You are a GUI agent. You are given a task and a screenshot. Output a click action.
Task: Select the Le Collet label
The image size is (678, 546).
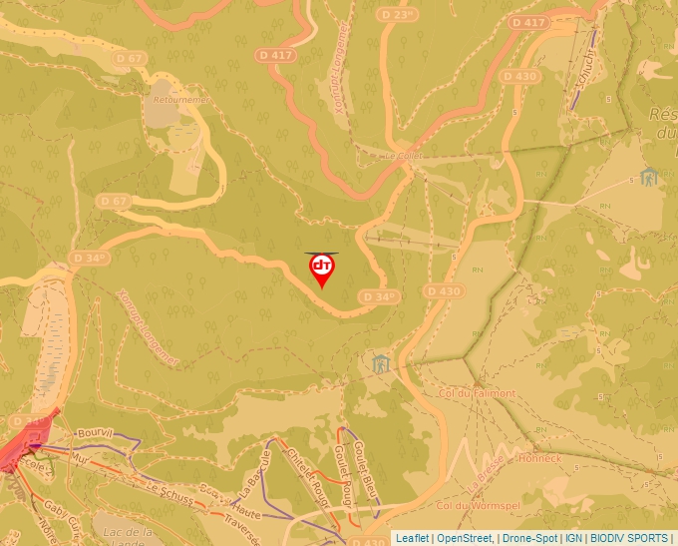point(405,156)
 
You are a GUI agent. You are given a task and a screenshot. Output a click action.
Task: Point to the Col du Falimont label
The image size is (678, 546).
point(478,393)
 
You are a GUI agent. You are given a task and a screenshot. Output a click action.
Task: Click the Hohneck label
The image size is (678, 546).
point(541,459)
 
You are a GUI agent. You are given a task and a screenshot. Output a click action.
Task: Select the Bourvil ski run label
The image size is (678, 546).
point(95,434)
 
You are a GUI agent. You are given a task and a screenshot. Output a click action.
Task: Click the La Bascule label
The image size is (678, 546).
point(255,473)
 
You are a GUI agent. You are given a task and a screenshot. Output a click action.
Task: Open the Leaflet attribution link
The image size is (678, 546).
point(412,538)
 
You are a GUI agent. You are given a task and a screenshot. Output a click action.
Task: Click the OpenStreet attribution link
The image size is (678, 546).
point(464,538)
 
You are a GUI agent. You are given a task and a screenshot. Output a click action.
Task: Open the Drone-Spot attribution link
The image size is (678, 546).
point(528,538)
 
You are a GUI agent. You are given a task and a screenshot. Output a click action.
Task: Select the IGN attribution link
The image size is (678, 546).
point(574,538)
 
